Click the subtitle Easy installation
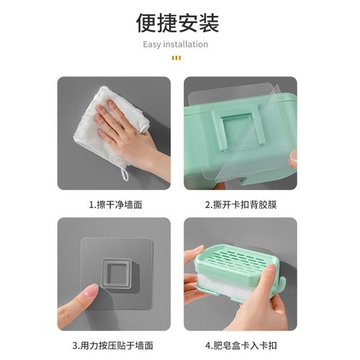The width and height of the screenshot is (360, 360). (175, 45)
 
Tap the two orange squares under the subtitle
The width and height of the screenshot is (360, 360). (176, 58)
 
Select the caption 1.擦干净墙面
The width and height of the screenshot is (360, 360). (114, 204)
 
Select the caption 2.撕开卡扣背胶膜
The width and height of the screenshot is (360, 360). (240, 204)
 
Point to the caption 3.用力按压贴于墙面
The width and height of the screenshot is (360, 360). (114, 345)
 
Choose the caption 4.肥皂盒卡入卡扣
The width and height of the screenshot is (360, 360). (240, 345)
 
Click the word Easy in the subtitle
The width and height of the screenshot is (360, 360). (152, 45)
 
